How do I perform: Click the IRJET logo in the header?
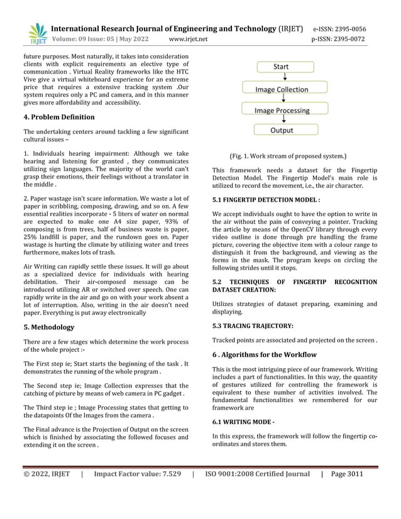(38, 34)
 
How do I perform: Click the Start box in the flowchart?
(281, 66)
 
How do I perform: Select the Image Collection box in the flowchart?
(281, 89)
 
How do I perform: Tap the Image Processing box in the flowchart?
(282, 110)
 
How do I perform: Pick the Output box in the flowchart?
(282, 130)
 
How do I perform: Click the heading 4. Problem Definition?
(59, 117)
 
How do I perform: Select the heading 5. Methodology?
(49, 327)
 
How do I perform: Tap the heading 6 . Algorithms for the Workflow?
(264, 354)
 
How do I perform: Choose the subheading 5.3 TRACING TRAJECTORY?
(253, 326)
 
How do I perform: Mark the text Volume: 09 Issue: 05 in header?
(91, 39)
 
